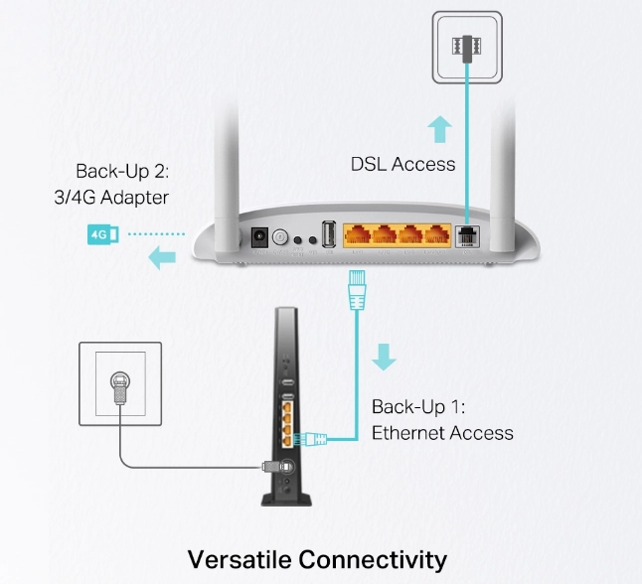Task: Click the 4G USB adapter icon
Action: point(103,234)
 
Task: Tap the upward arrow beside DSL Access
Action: point(439,129)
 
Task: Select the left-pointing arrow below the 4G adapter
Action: point(162,257)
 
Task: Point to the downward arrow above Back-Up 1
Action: point(384,357)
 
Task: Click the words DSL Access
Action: point(402,164)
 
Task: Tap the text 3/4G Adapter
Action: point(111,198)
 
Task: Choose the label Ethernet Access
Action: point(442,433)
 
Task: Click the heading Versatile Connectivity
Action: point(317,559)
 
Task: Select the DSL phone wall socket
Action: point(467,47)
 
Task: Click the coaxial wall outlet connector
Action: point(120,387)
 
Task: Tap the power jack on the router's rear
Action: point(259,237)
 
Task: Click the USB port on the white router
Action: point(329,234)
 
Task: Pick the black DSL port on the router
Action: point(467,236)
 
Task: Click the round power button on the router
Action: point(280,237)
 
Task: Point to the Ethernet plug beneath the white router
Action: point(357,290)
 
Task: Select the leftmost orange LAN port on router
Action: point(358,235)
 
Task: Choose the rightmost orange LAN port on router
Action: point(437,235)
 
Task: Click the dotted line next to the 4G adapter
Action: point(156,234)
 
